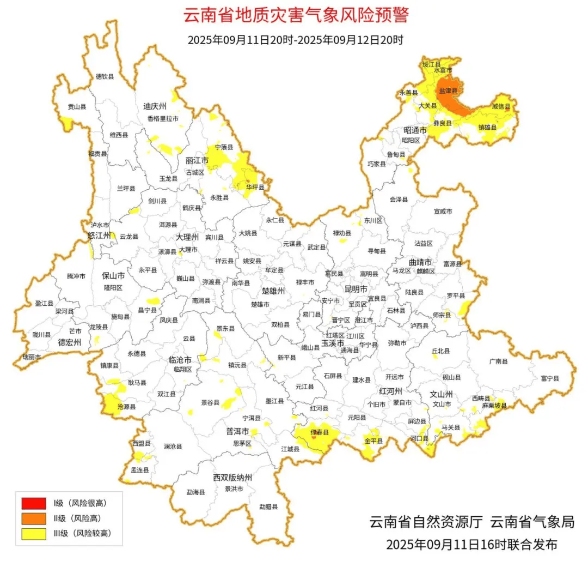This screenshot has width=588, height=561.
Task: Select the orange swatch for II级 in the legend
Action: tap(34, 518)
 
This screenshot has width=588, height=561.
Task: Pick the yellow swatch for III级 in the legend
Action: tap(34, 534)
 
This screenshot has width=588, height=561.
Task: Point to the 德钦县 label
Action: tap(105, 77)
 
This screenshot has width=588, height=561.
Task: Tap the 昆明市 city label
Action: tap(356, 288)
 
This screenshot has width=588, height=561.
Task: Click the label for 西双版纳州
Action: tap(232, 478)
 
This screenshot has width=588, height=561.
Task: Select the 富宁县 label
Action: tap(550, 378)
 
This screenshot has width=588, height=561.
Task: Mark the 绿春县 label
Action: tap(320, 432)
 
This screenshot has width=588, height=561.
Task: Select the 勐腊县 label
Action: tap(268, 506)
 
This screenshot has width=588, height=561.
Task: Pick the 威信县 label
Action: tap(501, 106)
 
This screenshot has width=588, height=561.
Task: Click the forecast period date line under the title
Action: tap(295, 40)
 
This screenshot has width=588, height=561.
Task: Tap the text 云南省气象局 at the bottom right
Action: tap(532, 522)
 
